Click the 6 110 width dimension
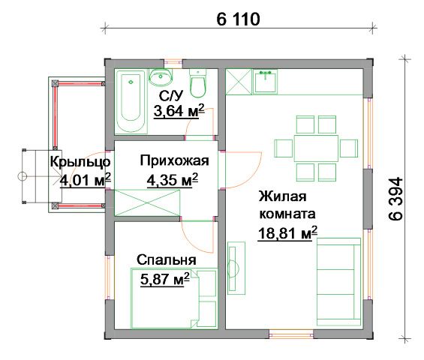pos(238,19)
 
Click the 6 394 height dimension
pos(396,199)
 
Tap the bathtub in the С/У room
pos(131,102)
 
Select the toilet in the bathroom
pos(198,83)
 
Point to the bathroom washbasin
pos(161,76)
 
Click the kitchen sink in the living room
pos(265,81)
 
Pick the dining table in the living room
pos(316,148)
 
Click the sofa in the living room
pos(338,281)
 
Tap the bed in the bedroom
pos(174,298)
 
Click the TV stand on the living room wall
pos(236,268)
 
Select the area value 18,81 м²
pos(287,233)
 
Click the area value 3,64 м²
pos(179,111)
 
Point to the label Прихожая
pos(174,160)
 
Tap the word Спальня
pos(167,260)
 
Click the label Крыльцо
pos(80,162)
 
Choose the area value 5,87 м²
pos(164,279)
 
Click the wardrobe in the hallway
pos(147,202)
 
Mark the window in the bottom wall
pos(291,334)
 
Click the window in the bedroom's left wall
pos(108,277)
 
